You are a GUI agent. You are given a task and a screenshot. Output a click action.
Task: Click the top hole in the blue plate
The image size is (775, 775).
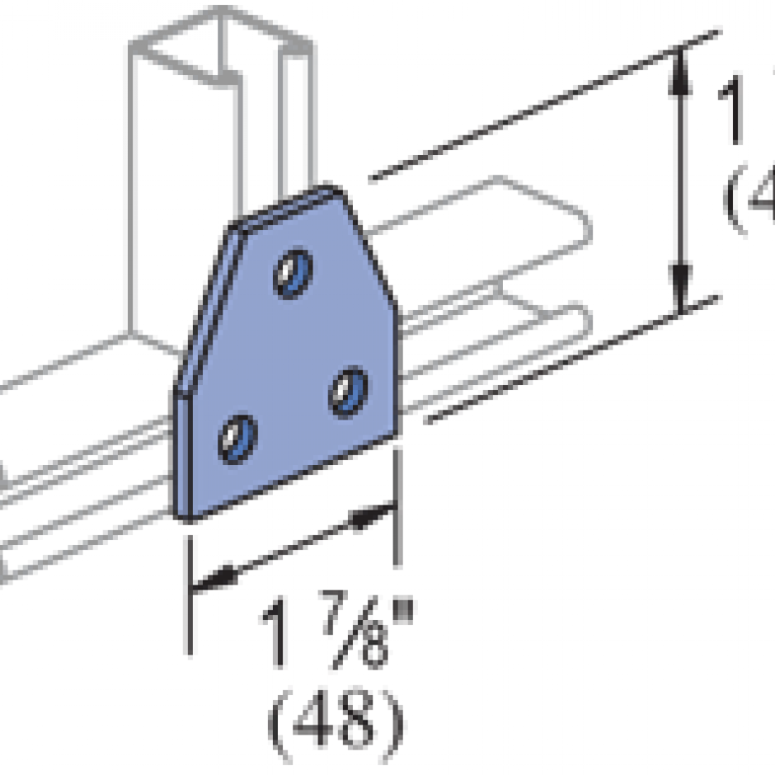290,273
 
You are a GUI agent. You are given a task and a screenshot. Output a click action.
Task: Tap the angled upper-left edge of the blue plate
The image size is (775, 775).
203,305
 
